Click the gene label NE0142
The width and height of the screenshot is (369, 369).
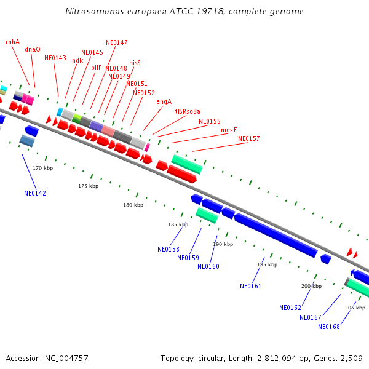35,193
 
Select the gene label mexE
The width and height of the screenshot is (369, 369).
229,130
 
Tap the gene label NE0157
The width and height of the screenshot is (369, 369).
249,138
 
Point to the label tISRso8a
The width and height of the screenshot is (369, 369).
188,111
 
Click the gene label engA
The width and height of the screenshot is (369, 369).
164,101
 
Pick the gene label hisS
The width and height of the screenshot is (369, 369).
135,63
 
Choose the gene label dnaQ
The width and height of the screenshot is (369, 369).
33,49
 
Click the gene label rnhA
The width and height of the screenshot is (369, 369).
12,42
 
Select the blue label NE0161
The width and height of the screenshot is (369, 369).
251,286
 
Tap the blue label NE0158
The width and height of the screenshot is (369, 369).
169,249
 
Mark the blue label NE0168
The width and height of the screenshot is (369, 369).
329,327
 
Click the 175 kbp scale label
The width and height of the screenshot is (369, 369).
88,186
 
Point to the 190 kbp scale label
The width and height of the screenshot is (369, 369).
223,244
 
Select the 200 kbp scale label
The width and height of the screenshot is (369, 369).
311,286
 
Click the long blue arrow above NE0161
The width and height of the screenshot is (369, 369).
276,236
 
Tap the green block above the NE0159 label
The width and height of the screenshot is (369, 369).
207,215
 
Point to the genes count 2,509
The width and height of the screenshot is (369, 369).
350,358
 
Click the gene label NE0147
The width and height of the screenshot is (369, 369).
117,42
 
